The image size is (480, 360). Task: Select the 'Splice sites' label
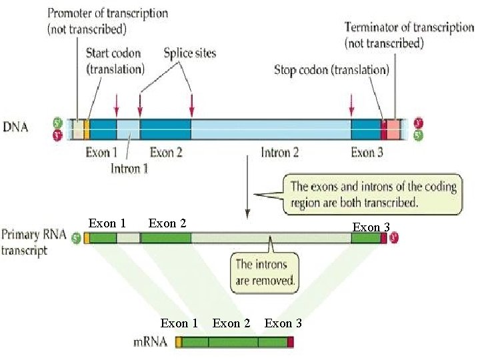click(190, 53)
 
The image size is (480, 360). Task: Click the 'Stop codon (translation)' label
click(331, 70)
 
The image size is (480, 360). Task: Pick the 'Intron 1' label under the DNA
click(129, 168)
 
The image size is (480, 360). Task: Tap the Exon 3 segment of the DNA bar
click(365, 128)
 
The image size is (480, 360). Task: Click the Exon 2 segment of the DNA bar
click(165, 128)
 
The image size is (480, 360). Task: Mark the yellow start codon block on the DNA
click(87, 128)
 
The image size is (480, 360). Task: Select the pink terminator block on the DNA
click(394, 128)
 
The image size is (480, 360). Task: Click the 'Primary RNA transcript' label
click(33, 243)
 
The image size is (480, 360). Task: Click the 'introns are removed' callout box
click(265, 273)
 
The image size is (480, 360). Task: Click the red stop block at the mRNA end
click(291, 343)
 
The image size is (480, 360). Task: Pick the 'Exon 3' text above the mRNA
click(283, 323)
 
